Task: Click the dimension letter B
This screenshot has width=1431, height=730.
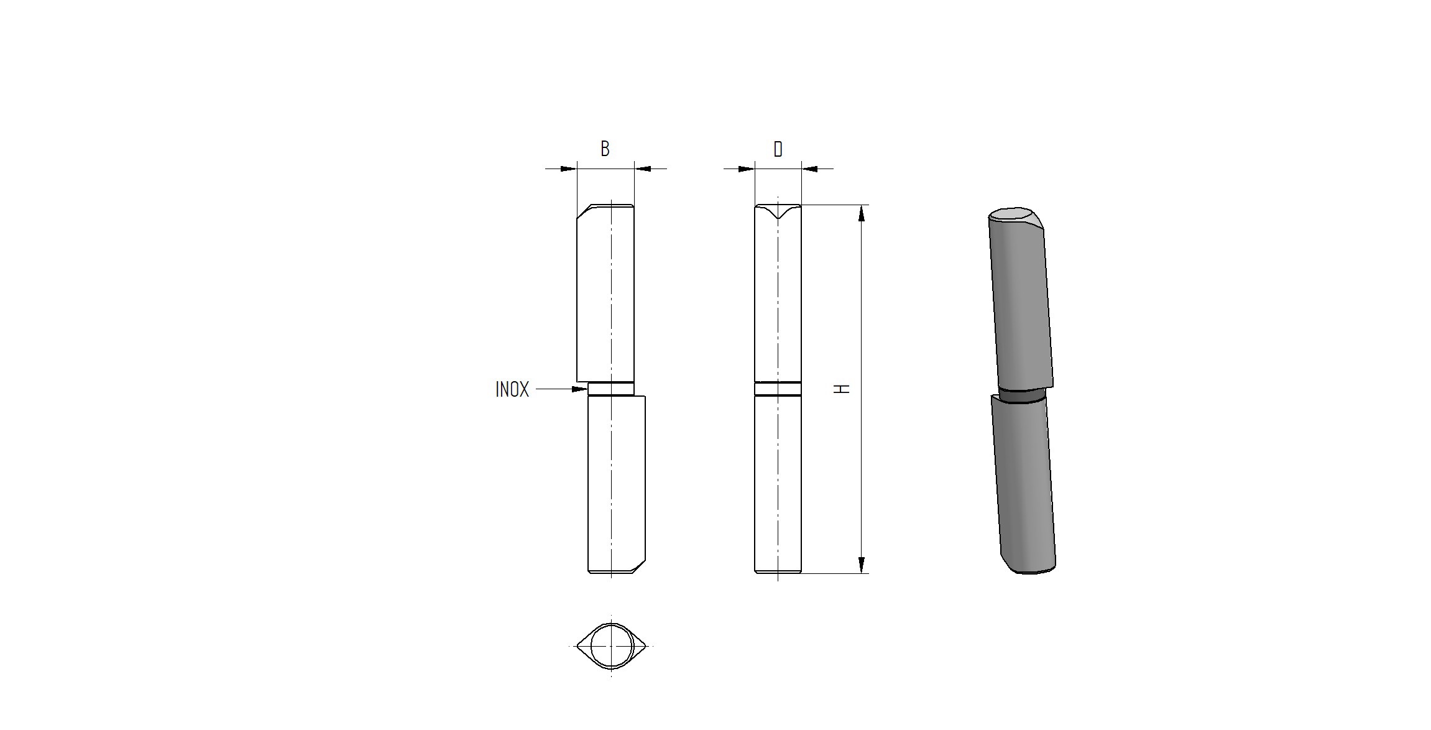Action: pyautogui.click(x=605, y=149)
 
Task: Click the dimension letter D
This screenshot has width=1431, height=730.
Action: pyautogui.click(x=778, y=149)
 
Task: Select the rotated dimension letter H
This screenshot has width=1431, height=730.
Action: pyautogui.click(x=842, y=389)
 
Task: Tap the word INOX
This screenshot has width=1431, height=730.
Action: pyautogui.click(x=512, y=389)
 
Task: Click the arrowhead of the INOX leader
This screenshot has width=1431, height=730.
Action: pyautogui.click(x=580, y=389)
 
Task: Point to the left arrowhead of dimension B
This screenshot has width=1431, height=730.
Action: pyautogui.click(x=569, y=169)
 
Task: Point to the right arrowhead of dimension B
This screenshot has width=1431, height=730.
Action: pyautogui.click(x=642, y=169)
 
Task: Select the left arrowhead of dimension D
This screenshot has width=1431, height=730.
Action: pyautogui.click(x=747, y=169)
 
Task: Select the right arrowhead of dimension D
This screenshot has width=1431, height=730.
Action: pyautogui.click(x=809, y=169)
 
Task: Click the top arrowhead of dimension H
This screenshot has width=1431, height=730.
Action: pyautogui.click(x=861, y=213)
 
